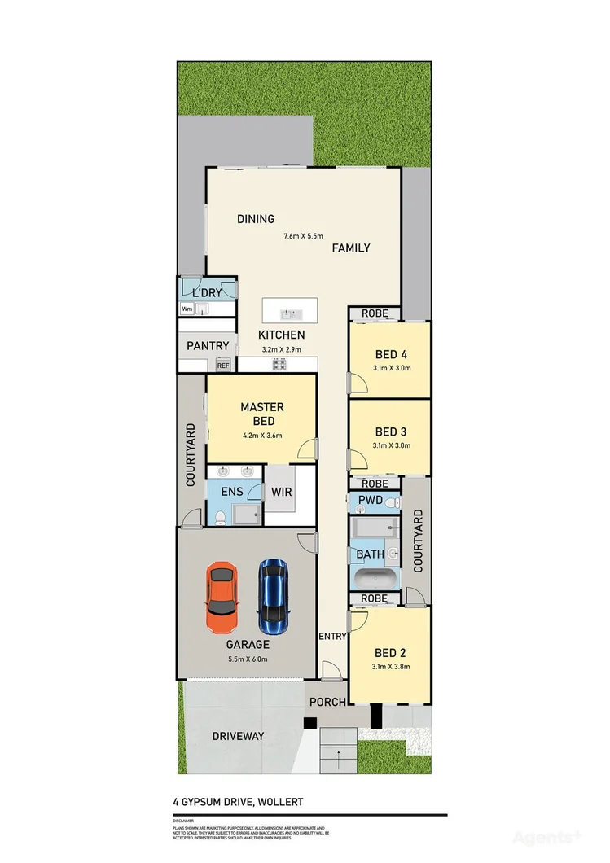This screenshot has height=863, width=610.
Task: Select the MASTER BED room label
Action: coord(261,414)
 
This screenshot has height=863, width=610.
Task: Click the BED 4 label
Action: coord(391,354)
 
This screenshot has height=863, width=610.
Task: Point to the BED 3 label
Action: coord(391,431)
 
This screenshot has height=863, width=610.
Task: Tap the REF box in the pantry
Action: coord(222,366)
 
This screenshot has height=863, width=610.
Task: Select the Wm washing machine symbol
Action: coord(187,309)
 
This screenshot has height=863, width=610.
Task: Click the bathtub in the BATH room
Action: coord(375,580)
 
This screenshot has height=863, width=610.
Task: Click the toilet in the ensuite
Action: coord(219,515)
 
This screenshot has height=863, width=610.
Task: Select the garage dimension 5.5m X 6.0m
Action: coord(248,659)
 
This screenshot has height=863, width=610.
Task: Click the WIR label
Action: coord(281,493)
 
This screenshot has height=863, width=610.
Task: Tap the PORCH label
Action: coord(327,702)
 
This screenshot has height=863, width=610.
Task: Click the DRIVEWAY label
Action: coord(238,736)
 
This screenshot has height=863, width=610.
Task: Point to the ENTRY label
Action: coord(332,636)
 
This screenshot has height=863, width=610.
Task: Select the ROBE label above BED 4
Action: coord(375,313)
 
